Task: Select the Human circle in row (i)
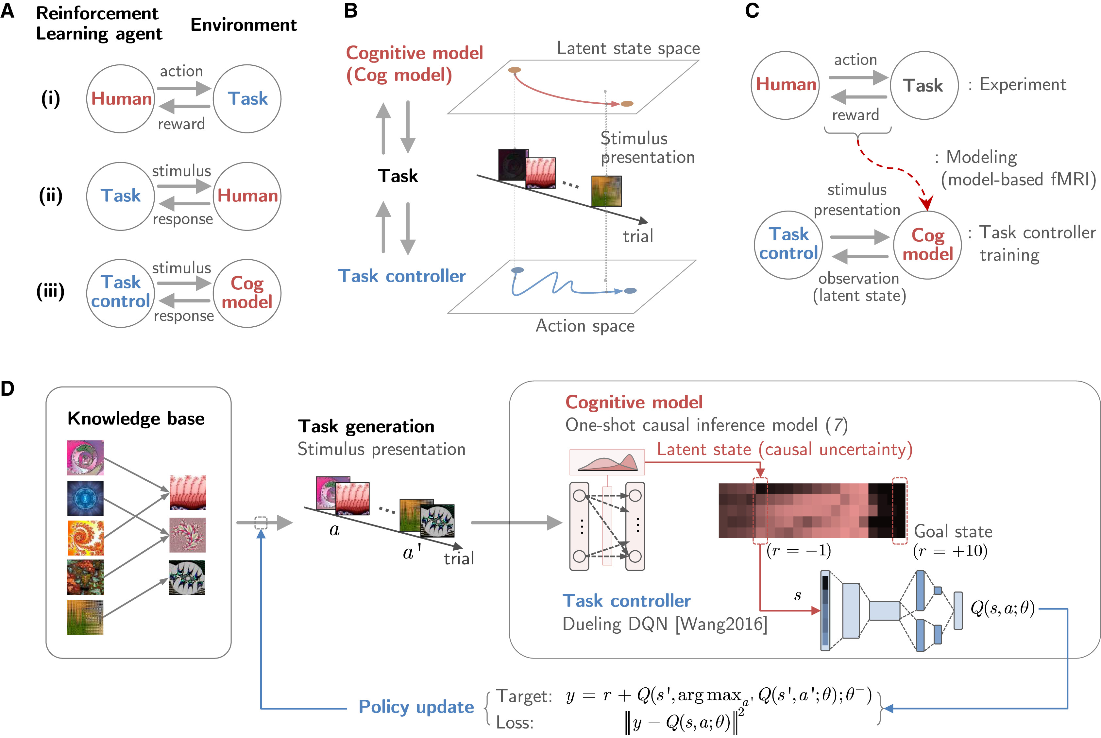(x=121, y=99)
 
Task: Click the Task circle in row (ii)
(x=121, y=196)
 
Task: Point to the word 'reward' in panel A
(x=181, y=124)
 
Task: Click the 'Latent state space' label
(x=628, y=48)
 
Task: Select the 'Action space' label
(x=585, y=326)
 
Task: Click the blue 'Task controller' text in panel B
(x=402, y=276)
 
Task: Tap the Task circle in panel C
(x=923, y=86)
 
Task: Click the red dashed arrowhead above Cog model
(x=926, y=204)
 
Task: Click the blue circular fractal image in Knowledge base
(x=85, y=498)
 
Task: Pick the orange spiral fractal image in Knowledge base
(x=85, y=538)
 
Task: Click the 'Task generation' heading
(x=366, y=426)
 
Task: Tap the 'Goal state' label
(x=953, y=531)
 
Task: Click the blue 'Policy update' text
(x=416, y=707)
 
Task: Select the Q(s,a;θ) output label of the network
(x=1002, y=609)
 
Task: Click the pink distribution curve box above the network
(x=607, y=462)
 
